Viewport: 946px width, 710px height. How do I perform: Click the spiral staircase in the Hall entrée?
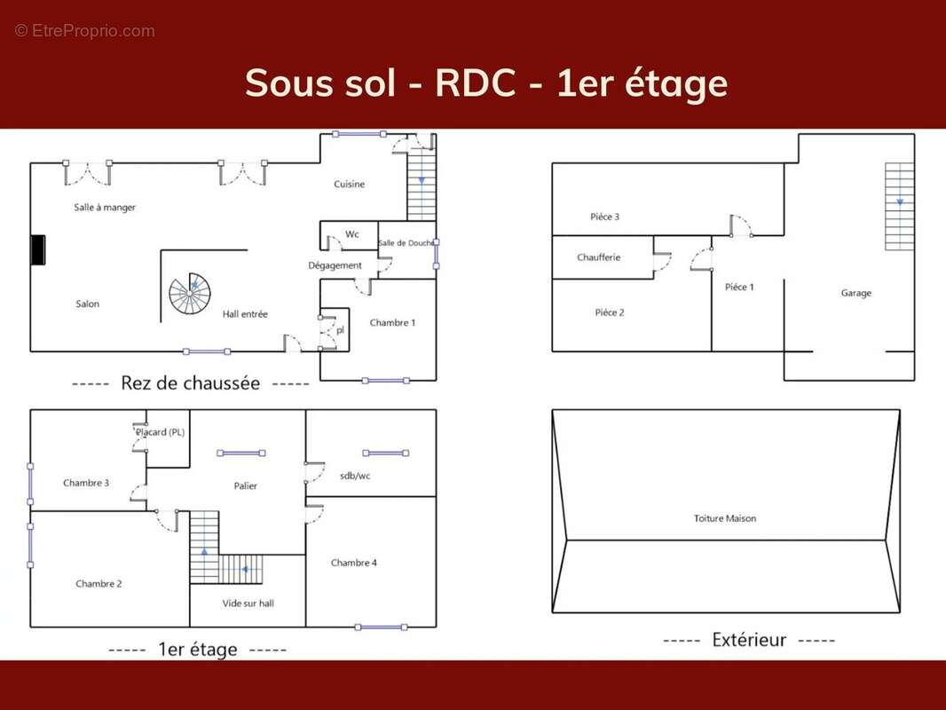tap(189, 294)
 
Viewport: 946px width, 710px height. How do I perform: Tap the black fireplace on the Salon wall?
tap(38, 249)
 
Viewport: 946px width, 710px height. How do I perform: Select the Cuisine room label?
tap(350, 184)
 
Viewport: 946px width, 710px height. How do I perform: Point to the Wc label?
tap(352, 234)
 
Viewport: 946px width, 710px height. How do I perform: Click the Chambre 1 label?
tap(392, 323)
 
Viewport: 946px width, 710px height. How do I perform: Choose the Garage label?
tap(856, 293)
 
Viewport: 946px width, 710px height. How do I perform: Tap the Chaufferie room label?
tap(598, 257)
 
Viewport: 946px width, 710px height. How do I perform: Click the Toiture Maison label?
tap(724, 518)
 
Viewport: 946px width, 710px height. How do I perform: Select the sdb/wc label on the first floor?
tap(355, 476)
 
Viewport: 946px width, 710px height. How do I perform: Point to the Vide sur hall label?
tap(248, 603)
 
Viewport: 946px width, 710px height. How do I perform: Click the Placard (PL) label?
tap(160, 432)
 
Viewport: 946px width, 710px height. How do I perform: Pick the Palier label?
tap(246, 485)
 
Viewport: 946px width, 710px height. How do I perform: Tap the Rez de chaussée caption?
tap(191, 383)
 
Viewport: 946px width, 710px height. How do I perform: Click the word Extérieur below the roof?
tap(749, 639)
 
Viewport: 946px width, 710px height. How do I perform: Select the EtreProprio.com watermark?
tap(85, 31)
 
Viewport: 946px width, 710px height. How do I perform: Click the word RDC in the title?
tap(476, 83)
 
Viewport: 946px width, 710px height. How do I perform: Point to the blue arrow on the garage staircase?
tap(900, 202)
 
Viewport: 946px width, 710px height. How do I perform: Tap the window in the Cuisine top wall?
tap(359, 134)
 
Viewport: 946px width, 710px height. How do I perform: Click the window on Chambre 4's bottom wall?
tap(382, 627)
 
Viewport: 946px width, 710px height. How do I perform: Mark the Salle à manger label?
tap(105, 208)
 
